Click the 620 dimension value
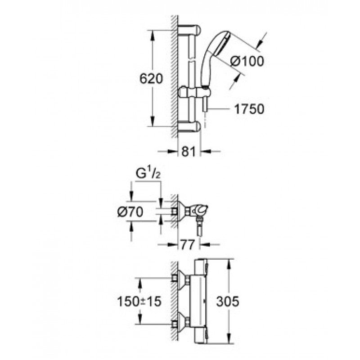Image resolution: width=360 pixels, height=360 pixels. [x=151, y=78]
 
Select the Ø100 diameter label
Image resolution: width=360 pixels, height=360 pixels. [x=247, y=61]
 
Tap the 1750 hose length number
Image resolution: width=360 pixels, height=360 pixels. [x=249, y=109]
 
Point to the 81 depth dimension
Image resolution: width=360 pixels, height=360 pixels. [x=188, y=151]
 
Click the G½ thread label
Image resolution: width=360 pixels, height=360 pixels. [x=148, y=174]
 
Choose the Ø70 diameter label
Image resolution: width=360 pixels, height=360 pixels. [x=130, y=211]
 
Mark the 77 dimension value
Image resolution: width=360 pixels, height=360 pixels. [x=188, y=245]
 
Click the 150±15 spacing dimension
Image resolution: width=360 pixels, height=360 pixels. [x=139, y=301]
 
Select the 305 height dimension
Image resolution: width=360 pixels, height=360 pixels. [x=228, y=301]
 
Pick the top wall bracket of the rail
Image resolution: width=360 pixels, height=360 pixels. [x=189, y=30]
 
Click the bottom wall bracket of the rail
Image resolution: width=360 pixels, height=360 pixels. [x=189, y=126]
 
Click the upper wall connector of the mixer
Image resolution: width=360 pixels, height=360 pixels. [x=181, y=279]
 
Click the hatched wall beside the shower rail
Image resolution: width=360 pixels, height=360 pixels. [x=175, y=77]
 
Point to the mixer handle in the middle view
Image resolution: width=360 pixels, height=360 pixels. [x=202, y=209]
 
